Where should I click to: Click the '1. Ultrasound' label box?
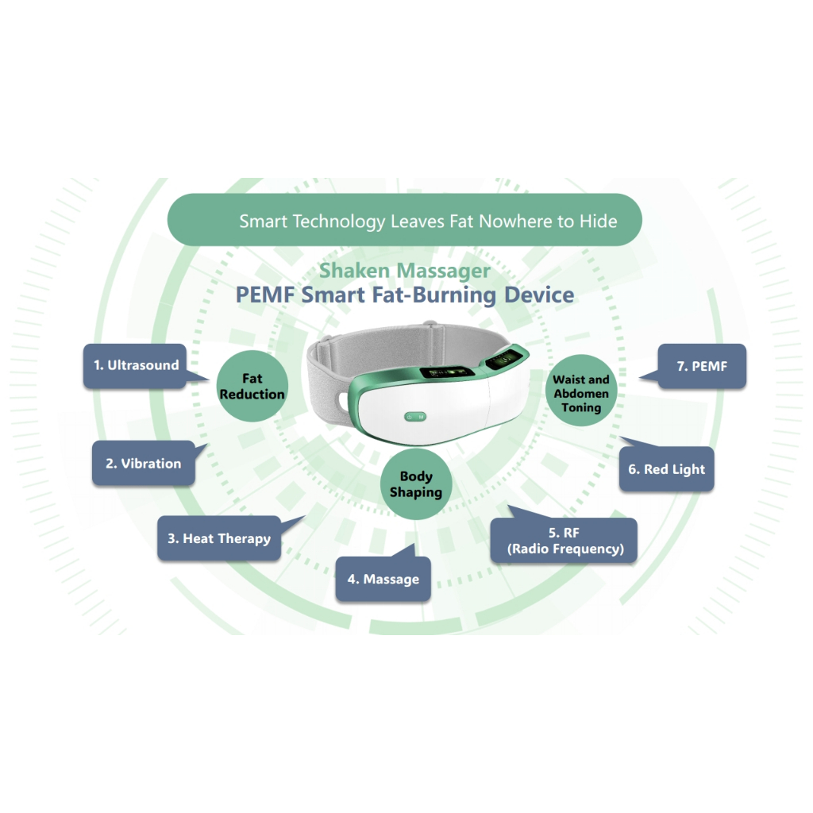tap(136, 366)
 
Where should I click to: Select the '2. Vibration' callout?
tap(143, 464)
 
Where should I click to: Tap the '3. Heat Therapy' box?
tap(219, 538)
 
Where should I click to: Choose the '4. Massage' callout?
tap(383, 579)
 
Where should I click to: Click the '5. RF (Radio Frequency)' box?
tap(564, 541)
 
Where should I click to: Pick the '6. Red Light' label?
tap(666, 469)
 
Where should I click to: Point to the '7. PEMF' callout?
tap(702, 366)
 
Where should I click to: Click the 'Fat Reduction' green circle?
tap(252, 387)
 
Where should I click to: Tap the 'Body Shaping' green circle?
tap(415, 484)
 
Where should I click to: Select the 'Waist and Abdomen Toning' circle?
tap(581, 393)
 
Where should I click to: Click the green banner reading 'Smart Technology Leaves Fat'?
tap(404, 220)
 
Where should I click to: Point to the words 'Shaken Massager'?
tap(404, 271)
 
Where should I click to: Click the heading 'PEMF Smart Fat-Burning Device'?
tap(404, 295)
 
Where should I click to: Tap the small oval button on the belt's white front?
tap(415, 416)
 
